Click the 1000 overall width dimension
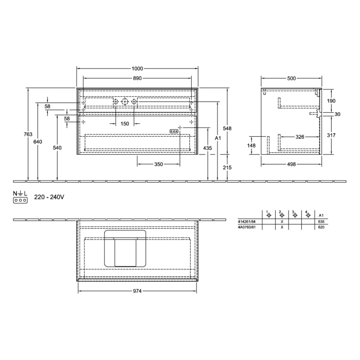[x=137, y=69]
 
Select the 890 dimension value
[x=137, y=78]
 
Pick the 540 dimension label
[x=57, y=148]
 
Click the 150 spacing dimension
[x=124, y=124]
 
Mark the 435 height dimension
[x=207, y=148]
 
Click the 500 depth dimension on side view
[x=291, y=78]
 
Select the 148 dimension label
[x=251, y=146]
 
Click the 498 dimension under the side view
[x=291, y=165]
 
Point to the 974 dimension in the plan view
[x=137, y=291]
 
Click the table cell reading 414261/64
[x=247, y=221]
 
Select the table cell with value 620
[x=321, y=227]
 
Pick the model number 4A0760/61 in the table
[x=247, y=227]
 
